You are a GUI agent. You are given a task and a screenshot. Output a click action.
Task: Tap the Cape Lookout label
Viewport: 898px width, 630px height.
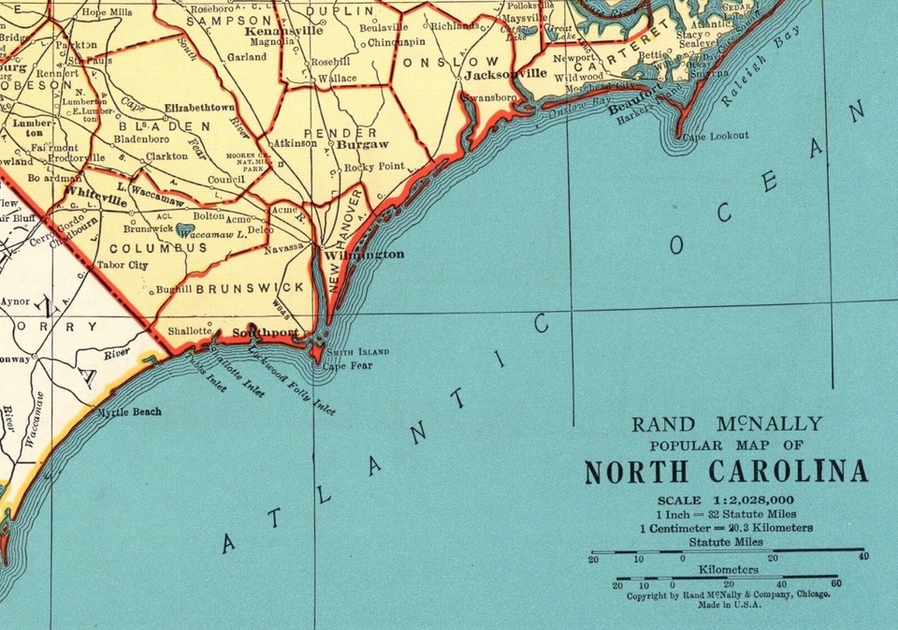click(715, 136)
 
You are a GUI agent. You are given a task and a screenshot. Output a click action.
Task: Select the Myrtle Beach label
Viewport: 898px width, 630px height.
click(130, 412)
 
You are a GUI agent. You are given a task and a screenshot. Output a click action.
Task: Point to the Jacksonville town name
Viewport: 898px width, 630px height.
click(505, 73)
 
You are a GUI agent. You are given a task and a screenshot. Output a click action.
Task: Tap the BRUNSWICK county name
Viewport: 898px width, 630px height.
click(250, 287)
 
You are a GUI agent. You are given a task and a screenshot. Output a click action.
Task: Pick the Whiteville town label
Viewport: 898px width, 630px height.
click(96, 200)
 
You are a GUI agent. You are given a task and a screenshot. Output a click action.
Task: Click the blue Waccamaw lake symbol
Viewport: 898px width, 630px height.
click(186, 229)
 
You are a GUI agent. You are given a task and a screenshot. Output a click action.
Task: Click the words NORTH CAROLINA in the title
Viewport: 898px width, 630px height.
click(726, 472)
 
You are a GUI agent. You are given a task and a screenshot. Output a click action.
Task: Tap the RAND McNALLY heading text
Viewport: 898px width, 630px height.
click(727, 424)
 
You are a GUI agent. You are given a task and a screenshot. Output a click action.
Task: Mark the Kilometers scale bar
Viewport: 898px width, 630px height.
click(726, 578)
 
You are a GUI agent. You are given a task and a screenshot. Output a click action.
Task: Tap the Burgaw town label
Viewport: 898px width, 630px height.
click(362, 145)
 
